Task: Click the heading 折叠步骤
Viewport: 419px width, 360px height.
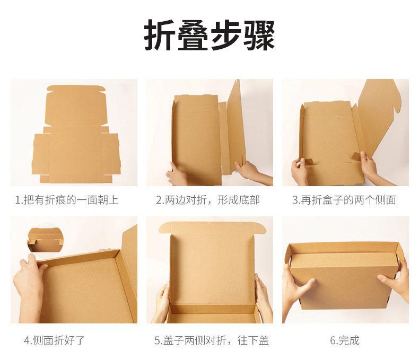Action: [x=210, y=36]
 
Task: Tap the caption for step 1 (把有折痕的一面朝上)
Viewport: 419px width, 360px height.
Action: [x=66, y=200]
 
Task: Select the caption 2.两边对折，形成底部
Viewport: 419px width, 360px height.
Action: [x=207, y=200]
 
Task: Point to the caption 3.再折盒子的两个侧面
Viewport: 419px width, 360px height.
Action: [x=344, y=200]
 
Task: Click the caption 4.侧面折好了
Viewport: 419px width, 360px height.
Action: [x=54, y=340]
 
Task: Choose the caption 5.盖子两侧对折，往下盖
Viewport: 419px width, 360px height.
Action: [x=212, y=340]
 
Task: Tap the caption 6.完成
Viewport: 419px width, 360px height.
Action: [x=345, y=340]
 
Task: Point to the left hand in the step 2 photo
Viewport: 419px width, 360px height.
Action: [x=176, y=174]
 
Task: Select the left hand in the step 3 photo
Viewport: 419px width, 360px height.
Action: [x=300, y=172]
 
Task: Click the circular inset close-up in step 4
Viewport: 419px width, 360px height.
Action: [x=45, y=240]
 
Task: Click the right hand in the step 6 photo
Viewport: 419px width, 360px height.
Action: [x=397, y=281]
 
